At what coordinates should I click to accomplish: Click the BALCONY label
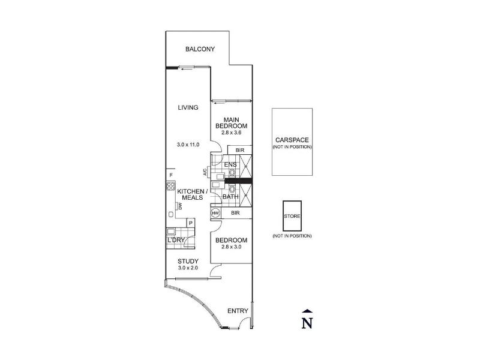pyautogui.click(x=200, y=49)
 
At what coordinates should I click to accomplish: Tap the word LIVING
pyautogui.click(x=188, y=107)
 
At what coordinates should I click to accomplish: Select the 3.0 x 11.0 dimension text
pyautogui.click(x=188, y=145)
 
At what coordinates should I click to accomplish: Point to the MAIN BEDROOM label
pyautogui.click(x=231, y=123)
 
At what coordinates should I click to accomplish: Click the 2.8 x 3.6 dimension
pyautogui.click(x=231, y=133)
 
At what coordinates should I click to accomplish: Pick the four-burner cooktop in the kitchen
pyautogui.click(x=171, y=186)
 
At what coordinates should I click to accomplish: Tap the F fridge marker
pyautogui.click(x=171, y=175)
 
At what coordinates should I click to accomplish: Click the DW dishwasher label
pyautogui.click(x=180, y=206)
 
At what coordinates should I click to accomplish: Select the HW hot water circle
pyautogui.click(x=215, y=213)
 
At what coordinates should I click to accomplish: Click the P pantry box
pyautogui.click(x=191, y=223)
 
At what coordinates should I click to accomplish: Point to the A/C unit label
pyautogui.click(x=205, y=172)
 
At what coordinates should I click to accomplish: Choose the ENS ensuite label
pyautogui.click(x=230, y=164)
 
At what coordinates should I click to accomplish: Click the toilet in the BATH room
pyautogui.click(x=232, y=189)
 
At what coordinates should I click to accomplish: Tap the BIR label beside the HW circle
pyautogui.click(x=235, y=213)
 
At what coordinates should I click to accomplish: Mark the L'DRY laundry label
pyautogui.click(x=176, y=240)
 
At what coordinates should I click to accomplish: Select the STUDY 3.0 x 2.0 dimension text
pyautogui.click(x=188, y=268)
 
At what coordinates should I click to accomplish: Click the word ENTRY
pyautogui.click(x=238, y=311)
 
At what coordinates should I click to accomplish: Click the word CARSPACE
pyautogui.click(x=292, y=140)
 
